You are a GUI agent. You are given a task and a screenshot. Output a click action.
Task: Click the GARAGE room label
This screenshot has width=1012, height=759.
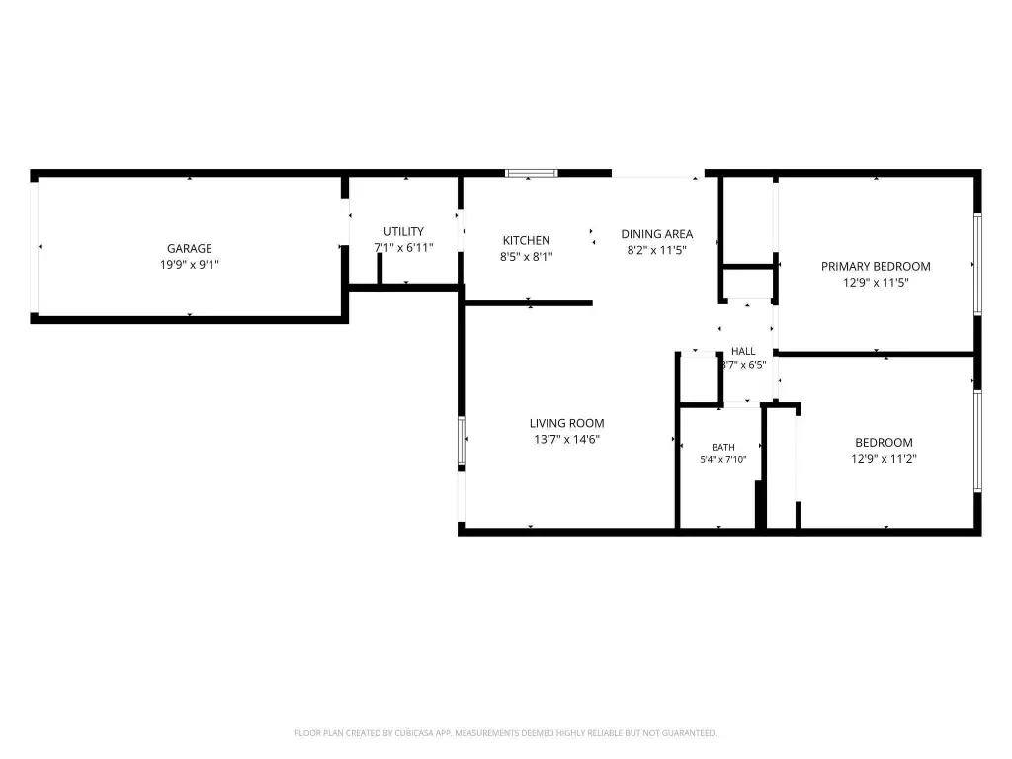pyautogui.click(x=189, y=248)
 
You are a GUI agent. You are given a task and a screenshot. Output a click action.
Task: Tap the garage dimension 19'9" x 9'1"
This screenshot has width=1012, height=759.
pyautogui.click(x=189, y=265)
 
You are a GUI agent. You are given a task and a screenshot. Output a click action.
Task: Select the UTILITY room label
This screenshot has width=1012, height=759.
pyautogui.click(x=403, y=231)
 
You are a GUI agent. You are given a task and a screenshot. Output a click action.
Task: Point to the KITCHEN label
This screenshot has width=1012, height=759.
pyautogui.click(x=526, y=241)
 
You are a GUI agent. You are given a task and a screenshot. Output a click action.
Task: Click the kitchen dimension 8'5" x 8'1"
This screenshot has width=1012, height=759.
pyautogui.click(x=526, y=257)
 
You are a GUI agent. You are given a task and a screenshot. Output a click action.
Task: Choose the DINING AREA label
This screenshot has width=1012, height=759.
pyautogui.click(x=656, y=234)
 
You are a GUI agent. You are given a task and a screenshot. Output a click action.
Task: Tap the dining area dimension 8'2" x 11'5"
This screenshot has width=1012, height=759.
pyautogui.click(x=656, y=250)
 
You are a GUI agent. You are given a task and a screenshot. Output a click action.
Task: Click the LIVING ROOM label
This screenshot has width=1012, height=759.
pyautogui.click(x=566, y=423)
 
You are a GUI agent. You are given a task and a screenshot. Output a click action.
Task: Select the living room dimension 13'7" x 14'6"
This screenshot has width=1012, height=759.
pyautogui.click(x=566, y=440)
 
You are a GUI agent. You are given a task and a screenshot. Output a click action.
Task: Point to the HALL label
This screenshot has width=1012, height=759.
pyautogui.click(x=743, y=351)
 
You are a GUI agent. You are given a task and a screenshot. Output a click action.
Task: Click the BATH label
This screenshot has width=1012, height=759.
pyautogui.click(x=722, y=447)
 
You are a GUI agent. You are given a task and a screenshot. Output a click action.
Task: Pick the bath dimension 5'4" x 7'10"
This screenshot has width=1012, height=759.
pyautogui.click(x=722, y=460)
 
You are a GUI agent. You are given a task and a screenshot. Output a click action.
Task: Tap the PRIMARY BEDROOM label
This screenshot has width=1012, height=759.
pyautogui.click(x=876, y=267)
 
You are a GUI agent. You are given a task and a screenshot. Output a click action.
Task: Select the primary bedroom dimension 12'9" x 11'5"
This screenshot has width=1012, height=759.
pyautogui.click(x=876, y=283)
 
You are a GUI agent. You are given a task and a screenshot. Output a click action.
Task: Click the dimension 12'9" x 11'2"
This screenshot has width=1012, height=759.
pyautogui.click(x=884, y=459)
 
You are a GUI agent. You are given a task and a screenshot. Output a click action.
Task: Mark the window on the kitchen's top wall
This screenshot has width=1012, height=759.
pyautogui.click(x=531, y=173)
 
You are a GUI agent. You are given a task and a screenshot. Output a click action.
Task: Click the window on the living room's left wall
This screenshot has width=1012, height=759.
pyautogui.click(x=462, y=441)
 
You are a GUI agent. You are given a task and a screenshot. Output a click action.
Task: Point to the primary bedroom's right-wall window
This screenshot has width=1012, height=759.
pyautogui.click(x=977, y=265)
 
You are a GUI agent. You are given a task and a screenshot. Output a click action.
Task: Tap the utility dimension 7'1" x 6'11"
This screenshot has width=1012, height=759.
pyautogui.click(x=403, y=248)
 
